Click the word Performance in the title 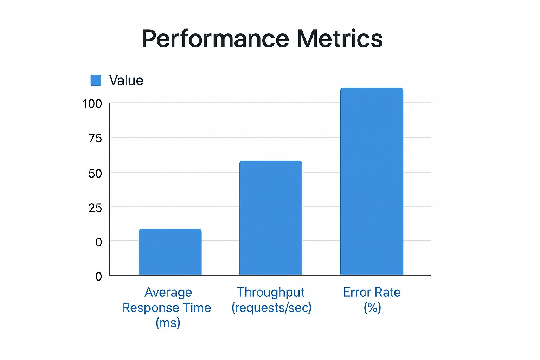click(215, 39)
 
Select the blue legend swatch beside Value click(96, 81)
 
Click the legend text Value click(126, 81)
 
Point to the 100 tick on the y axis click(92, 104)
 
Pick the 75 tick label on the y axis click(95, 138)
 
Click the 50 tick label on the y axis click(95, 173)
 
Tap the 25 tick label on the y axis click(95, 208)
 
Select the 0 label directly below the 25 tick click(98, 242)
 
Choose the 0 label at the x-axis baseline click(98, 276)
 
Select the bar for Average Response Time click(170, 252)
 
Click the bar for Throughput click(270, 218)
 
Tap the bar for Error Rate click(372, 181)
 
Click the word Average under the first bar click(168, 292)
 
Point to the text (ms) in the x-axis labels click(168, 322)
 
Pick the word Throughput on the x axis click(270, 292)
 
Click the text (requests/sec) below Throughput click(271, 308)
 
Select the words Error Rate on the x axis click(372, 292)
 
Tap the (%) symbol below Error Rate click(372, 308)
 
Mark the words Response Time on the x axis click(166, 308)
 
